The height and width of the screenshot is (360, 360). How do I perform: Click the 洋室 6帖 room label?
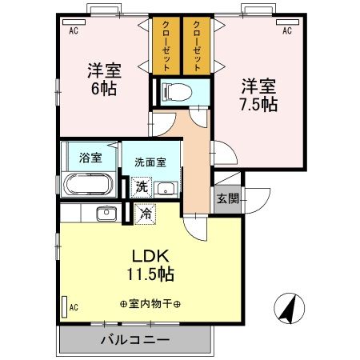(x=102, y=78)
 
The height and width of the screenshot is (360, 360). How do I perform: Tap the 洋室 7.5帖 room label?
(x=258, y=94)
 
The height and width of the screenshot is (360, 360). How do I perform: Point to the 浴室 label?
(x=90, y=158)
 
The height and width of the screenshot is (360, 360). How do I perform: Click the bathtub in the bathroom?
(x=89, y=188)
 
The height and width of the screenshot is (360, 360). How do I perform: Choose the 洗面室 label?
(x=150, y=161)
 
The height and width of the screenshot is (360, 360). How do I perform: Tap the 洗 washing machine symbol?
(x=141, y=187)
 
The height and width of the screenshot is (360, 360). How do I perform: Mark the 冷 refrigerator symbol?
(x=145, y=214)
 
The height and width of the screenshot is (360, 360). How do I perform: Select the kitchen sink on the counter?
(x=105, y=214)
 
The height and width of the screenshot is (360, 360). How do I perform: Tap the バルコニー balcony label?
(x=134, y=339)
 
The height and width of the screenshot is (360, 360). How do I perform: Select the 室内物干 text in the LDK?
(x=150, y=304)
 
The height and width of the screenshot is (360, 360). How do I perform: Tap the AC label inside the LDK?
(x=74, y=306)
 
